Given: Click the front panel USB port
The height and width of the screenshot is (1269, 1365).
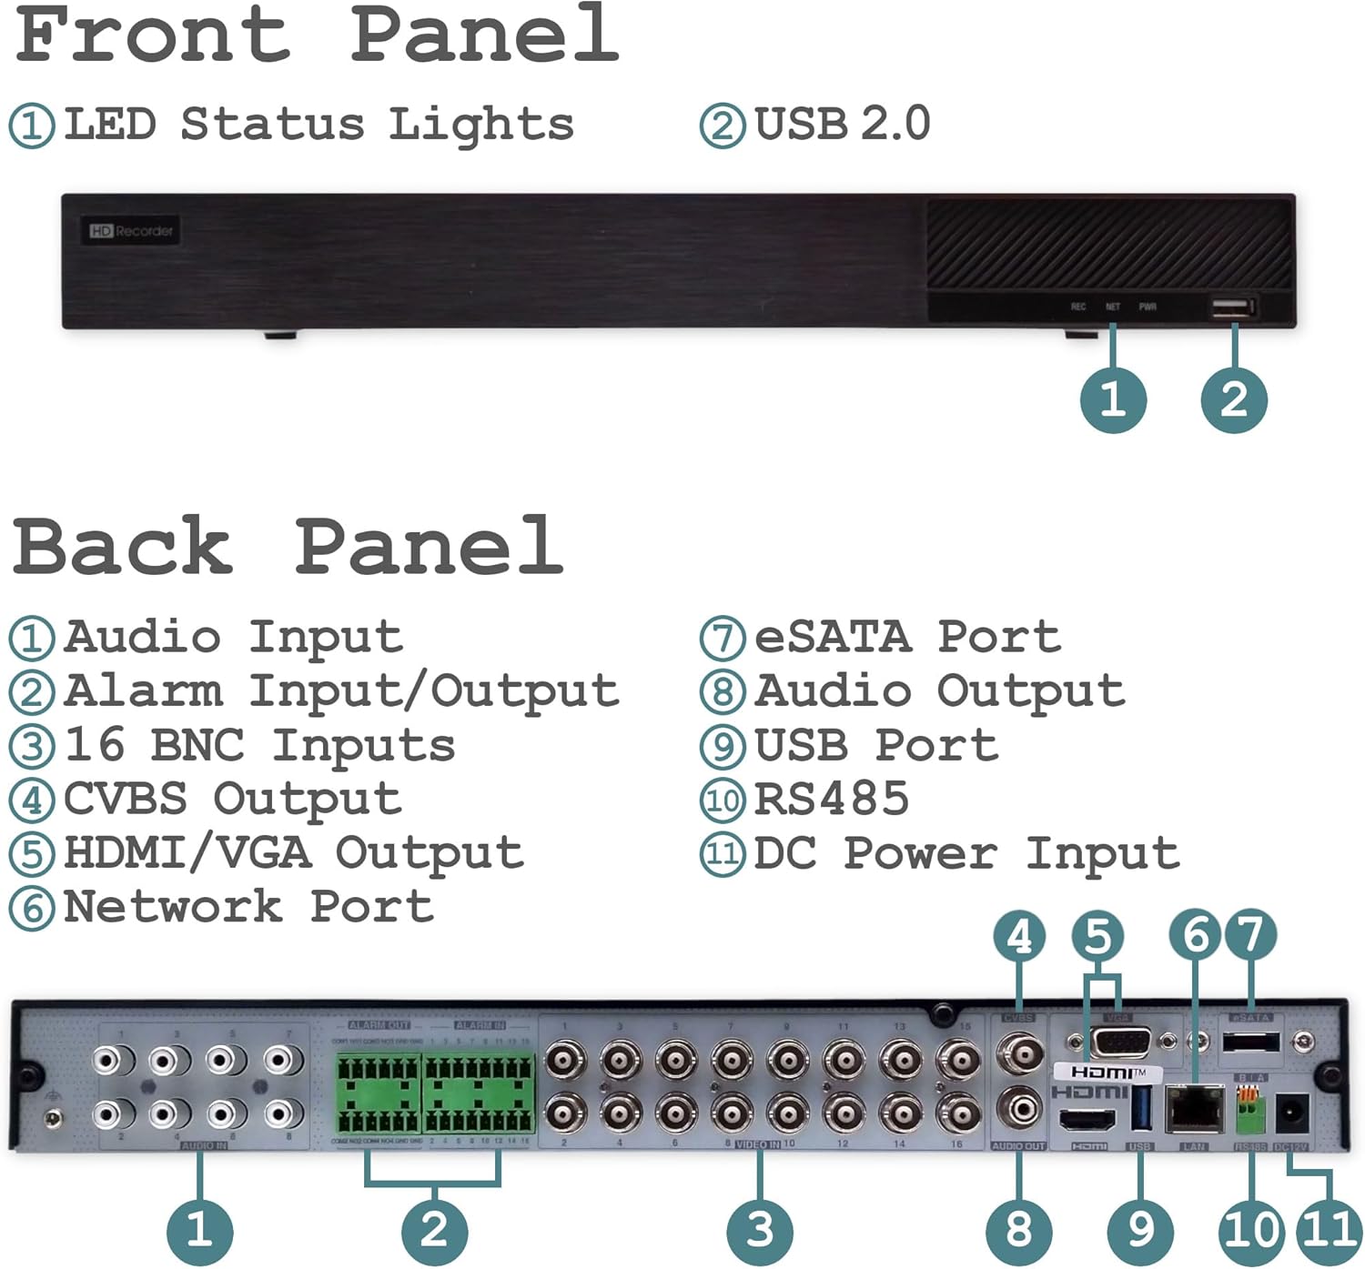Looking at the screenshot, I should point(1232,307).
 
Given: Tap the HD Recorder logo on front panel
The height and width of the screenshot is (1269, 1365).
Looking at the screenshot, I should point(131,231).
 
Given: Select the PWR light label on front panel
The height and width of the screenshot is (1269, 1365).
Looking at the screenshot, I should point(1148,307).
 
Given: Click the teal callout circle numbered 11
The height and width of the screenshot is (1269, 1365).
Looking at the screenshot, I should point(1330,1232).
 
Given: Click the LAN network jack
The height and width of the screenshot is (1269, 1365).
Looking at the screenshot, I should point(1194,1108).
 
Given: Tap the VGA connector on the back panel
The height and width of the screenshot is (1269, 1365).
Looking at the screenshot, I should point(1120,1041).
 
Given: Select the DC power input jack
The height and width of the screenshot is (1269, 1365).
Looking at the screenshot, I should point(1292,1112).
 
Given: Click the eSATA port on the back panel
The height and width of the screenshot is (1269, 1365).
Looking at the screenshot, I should point(1250,1042).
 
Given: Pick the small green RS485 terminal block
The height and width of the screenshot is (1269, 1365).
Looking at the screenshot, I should point(1251,1110).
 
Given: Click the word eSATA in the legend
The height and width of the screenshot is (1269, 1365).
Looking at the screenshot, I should point(833,637).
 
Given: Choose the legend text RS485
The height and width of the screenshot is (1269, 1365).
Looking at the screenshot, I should point(832,800).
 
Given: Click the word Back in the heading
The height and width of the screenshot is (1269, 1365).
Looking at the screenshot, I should point(123,546).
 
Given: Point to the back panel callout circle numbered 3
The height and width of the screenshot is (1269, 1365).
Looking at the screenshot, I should point(759,1232).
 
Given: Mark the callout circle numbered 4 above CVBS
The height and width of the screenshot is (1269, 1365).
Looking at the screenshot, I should point(1019,936).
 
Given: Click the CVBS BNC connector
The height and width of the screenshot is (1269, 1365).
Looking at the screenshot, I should point(1019,1055).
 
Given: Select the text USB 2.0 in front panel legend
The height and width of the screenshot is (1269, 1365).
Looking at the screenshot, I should point(842,124).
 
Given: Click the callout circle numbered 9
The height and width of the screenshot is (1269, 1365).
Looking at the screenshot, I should point(1140,1232).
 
